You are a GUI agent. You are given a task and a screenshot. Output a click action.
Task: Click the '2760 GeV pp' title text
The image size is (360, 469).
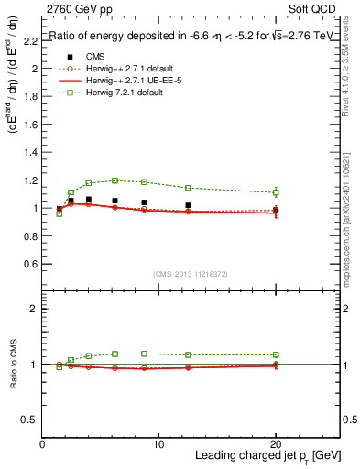coord(76,10)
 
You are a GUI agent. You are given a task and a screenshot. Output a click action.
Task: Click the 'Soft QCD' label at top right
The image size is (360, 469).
coord(314,10)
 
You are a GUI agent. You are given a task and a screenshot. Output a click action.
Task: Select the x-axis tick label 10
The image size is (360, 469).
coord(158,444)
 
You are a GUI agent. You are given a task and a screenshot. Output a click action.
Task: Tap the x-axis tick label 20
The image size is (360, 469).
coord(275,444)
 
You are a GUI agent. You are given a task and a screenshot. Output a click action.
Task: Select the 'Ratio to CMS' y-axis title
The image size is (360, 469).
coord(12,365)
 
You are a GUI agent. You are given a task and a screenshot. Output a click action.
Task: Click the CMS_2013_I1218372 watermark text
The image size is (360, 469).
coord(191,273)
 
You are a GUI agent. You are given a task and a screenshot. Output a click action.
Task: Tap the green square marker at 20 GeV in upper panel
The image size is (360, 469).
coord(276,192)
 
